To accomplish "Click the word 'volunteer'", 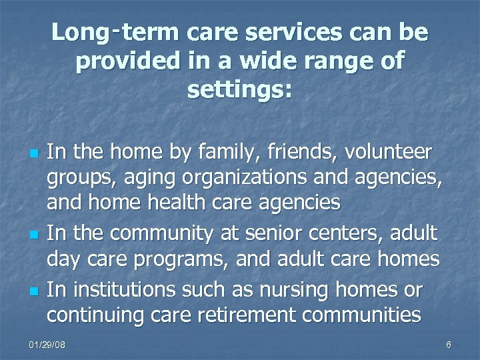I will point(389,153).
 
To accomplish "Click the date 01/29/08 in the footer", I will point(48,345).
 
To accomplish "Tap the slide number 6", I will point(448,345).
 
